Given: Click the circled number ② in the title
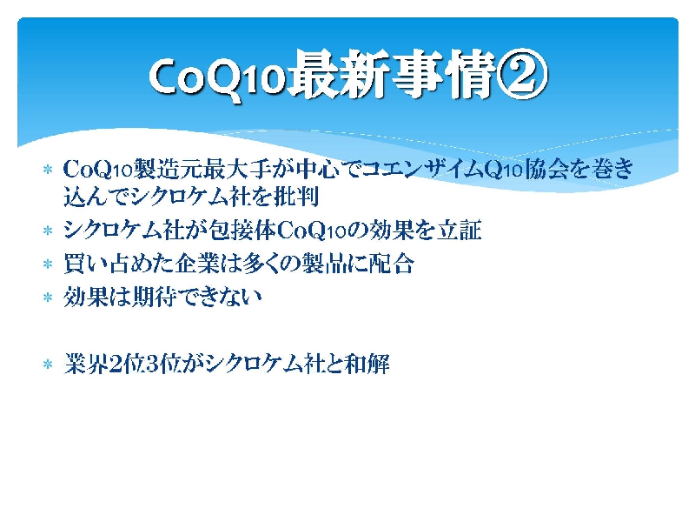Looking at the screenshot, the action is pos(522,74).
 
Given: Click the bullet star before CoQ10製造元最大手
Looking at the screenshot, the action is pos(48,170).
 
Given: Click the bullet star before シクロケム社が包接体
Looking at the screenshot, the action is pos(48,231).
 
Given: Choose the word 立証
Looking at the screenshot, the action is pos(460,230).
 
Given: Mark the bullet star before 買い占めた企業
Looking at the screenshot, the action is pos(48,264).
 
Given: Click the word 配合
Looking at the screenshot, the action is pos(392,264).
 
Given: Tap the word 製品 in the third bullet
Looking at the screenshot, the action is pos(324,264).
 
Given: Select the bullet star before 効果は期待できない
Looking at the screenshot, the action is pos(48,298).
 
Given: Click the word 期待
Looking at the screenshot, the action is pos(155,297).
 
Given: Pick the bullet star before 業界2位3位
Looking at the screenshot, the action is pos(48,365).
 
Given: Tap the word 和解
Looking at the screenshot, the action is pos(367,364).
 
